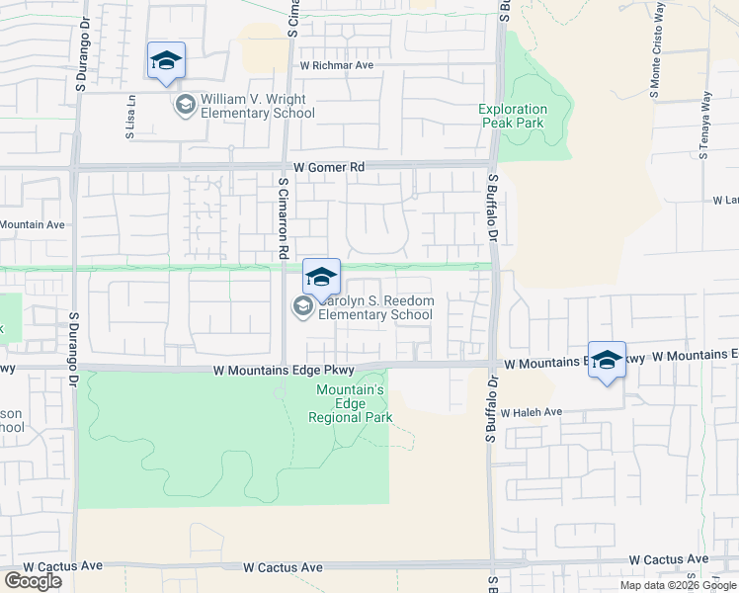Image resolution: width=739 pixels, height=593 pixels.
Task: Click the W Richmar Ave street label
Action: click(x=337, y=65)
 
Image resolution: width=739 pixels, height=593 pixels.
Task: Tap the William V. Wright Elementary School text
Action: click(x=257, y=107)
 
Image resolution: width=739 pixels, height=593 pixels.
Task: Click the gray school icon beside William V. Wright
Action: click(x=185, y=104)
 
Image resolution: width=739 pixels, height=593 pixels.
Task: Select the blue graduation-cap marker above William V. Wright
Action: click(x=166, y=61)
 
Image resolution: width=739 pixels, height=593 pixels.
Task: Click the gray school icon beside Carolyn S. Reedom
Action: click(x=302, y=308)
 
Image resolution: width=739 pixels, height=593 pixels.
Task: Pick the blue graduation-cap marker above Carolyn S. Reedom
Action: click(x=321, y=278)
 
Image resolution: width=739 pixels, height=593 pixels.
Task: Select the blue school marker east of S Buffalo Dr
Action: click(x=607, y=361)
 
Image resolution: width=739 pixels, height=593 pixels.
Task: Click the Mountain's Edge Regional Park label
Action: click(x=350, y=403)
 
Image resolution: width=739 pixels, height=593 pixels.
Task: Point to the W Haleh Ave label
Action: click(x=531, y=412)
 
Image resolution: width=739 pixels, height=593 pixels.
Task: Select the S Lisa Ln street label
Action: click(x=130, y=116)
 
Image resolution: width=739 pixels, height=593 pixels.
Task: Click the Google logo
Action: click(x=33, y=581)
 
